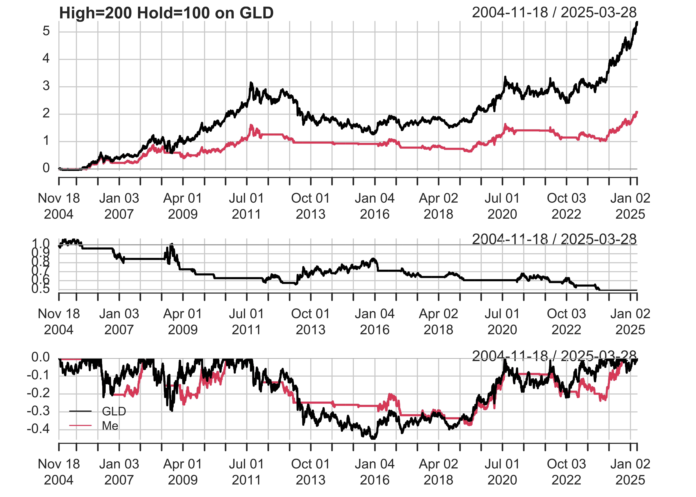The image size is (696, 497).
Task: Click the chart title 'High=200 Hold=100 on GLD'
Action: (x=166, y=13)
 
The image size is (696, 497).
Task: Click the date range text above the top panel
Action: (x=554, y=13)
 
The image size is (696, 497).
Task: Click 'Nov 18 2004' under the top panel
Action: (x=59, y=206)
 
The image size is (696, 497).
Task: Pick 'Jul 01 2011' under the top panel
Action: (x=246, y=206)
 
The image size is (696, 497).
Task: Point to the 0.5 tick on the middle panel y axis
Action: (x=41, y=289)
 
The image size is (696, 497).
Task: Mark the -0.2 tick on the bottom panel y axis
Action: (x=39, y=393)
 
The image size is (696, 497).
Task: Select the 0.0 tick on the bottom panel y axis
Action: (x=41, y=357)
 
